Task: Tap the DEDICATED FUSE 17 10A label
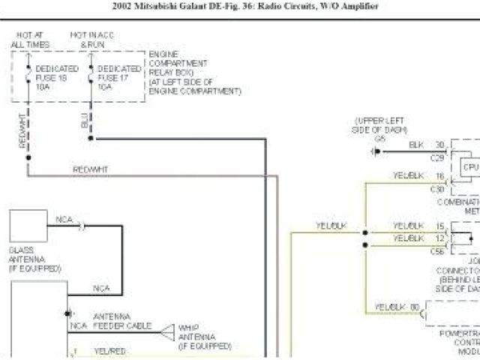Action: click(x=119, y=77)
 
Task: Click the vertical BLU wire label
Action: click(x=85, y=122)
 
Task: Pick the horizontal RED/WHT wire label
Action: click(x=91, y=169)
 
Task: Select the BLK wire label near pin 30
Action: click(x=416, y=144)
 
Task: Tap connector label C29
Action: click(x=438, y=157)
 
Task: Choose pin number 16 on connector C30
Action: click(x=439, y=175)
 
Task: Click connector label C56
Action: click(x=438, y=252)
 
